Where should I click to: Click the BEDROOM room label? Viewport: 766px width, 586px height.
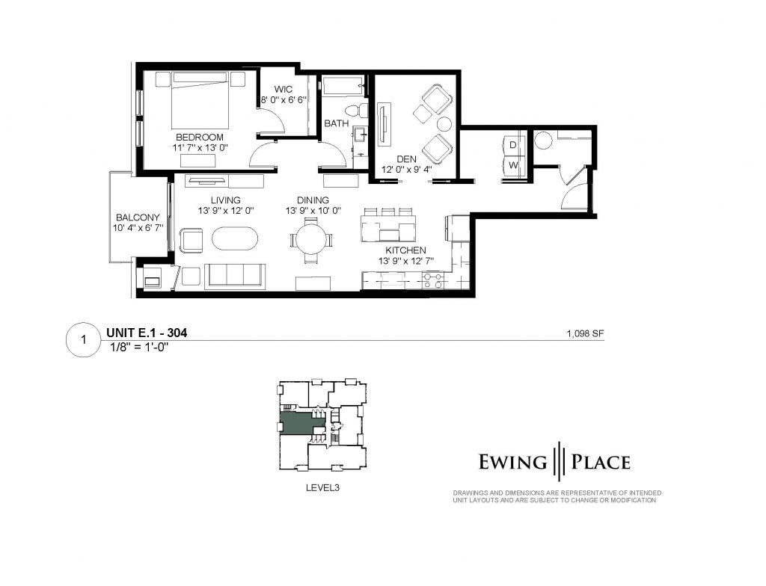pyautogui.click(x=199, y=138)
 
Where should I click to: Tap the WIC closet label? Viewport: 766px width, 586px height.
pyautogui.click(x=284, y=90)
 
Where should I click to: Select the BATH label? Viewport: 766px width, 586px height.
pyautogui.click(x=337, y=123)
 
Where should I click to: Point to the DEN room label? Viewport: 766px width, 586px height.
pyautogui.click(x=406, y=159)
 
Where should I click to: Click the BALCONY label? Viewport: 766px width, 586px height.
pyautogui.click(x=138, y=218)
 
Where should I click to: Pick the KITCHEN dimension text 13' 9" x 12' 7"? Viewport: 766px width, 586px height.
pyautogui.click(x=406, y=262)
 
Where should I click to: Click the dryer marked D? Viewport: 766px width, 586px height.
pyautogui.click(x=513, y=145)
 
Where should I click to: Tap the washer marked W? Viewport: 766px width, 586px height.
pyautogui.click(x=513, y=165)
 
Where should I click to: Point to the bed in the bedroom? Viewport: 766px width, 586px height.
pyautogui.click(x=200, y=100)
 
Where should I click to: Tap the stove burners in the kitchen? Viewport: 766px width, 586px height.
pyautogui.click(x=433, y=281)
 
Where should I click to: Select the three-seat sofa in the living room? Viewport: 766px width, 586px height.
pyautogui.click(x=235, y=277)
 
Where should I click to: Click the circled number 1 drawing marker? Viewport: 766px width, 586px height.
pyautogui.click(x=84, y=339)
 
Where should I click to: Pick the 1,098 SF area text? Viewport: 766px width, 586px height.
pyautogui.click(x=585, y=334)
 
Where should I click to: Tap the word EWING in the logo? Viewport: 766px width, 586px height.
pyautogui.click(x=512, y=461)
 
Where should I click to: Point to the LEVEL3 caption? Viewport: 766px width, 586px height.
pyautogui.click(x=322, y=487)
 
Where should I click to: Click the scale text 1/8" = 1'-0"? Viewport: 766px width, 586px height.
pyautogui.click(x=140, y=348)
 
